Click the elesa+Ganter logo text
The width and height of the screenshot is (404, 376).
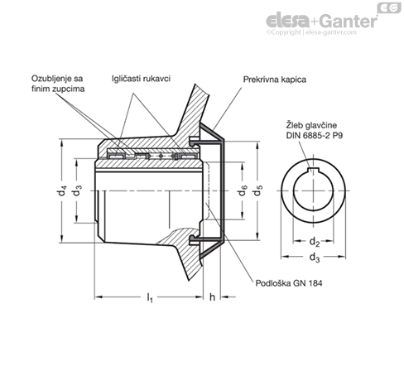321,21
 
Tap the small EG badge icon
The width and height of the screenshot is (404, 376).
389,7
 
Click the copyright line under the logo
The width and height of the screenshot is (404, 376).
311,32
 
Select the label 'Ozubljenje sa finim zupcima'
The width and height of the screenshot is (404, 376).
58,84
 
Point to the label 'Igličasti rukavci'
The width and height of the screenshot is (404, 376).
141,79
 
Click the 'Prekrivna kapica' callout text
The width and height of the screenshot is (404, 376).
275,80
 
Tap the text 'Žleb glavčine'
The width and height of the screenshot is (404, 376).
311,125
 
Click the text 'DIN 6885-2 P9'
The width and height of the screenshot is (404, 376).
315,136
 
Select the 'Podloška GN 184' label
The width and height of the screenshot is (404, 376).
289,283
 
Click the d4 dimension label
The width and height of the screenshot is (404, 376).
62,190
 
